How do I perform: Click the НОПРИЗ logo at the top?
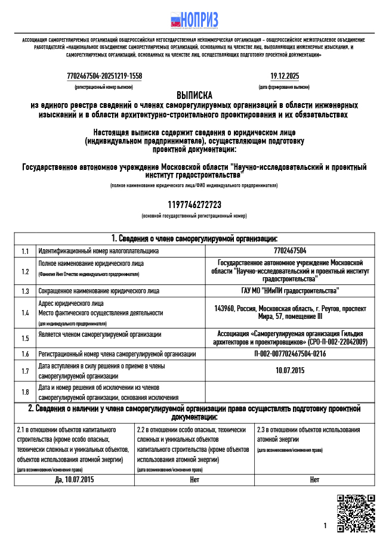(194, 20)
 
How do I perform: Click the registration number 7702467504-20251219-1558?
(104, 76)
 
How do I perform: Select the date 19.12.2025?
(285, 76)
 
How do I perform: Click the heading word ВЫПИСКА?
(194, 95)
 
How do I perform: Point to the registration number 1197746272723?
(194, 205)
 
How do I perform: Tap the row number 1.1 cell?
(25, 251)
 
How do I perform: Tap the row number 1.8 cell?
(25, 392)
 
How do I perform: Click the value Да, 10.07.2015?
(75, 479)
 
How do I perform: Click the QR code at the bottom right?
(356, 513)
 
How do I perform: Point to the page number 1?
(325, 526)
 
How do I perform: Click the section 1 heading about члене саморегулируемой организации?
(194, 238)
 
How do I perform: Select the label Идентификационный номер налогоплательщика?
(98, 251)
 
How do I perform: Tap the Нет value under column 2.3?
(314, 479)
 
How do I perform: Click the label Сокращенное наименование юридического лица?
(98, 291)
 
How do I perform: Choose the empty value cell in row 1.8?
(290, 392)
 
